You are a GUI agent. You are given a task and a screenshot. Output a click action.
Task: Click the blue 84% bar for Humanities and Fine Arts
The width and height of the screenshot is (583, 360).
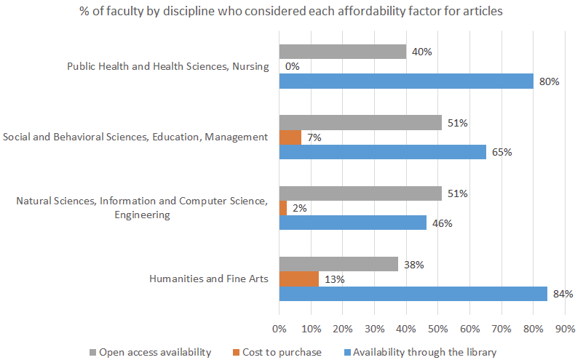tap(413, 293)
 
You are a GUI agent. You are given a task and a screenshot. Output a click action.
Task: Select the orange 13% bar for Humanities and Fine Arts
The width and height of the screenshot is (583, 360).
tap(298, 279)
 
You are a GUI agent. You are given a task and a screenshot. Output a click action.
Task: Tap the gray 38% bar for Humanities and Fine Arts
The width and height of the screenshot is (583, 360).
tap(338, 264)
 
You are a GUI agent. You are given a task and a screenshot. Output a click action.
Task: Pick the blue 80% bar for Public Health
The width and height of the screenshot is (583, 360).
tap(406, 81)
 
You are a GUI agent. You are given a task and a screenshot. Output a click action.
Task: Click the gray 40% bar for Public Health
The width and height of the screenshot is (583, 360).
tap(342, 52)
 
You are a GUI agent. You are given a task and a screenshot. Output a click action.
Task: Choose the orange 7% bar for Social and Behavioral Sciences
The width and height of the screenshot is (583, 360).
tap(290, 137)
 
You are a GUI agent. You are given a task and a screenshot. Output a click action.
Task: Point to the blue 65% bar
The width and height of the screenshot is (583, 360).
tap(382, 151)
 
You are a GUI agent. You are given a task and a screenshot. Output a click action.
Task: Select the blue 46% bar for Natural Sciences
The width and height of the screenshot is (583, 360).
tap(352, 223)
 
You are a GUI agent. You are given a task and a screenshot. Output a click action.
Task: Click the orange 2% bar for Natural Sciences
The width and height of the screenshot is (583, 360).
tap(282, 208)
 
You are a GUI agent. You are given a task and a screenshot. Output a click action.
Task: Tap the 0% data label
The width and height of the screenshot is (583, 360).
tap(293, 67)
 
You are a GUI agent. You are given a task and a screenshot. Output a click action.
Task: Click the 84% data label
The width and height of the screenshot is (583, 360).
tap(563, 294)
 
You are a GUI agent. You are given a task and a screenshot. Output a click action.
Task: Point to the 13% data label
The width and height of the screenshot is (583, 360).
tap(334, 279)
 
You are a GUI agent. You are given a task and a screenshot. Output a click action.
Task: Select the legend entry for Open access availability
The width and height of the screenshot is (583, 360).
tap(149, 352)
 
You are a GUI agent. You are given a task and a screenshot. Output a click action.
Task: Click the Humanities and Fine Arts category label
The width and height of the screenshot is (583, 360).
tap(208, 278)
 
